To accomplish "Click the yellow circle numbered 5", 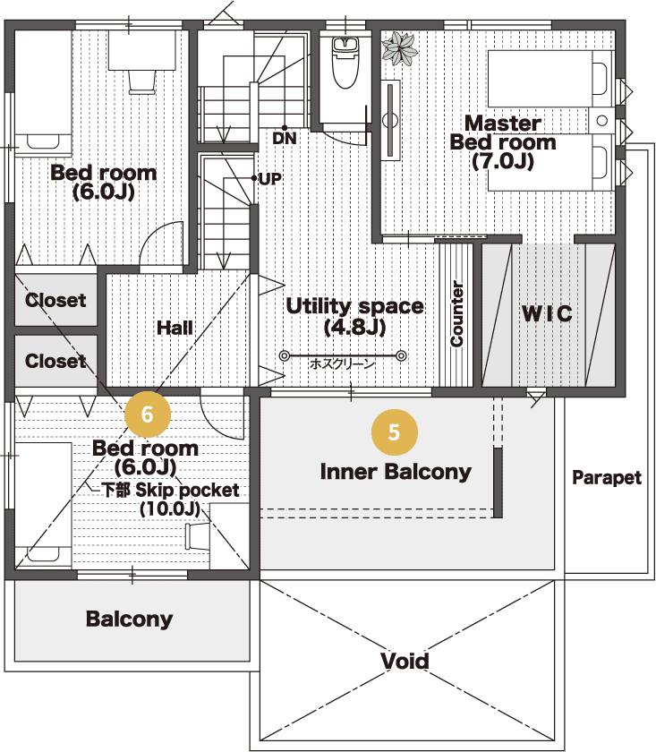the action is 394,432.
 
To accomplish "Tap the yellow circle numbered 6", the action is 147,414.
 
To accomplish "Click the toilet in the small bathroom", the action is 345,63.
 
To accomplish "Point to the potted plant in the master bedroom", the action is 400,47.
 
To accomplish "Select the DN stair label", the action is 285,138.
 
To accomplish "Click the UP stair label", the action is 270,179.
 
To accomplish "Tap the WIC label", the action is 547,313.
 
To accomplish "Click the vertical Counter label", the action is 457,313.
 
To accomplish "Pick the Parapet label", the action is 607,477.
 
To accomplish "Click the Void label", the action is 405,661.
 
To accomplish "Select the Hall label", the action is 175,328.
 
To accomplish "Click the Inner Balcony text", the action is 396,472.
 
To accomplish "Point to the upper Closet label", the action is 55,300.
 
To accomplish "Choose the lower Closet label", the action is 55,361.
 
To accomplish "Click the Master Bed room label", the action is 503,142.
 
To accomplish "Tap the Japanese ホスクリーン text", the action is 342,363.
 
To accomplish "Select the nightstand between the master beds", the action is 601,120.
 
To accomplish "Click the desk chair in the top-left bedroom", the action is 142,82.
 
